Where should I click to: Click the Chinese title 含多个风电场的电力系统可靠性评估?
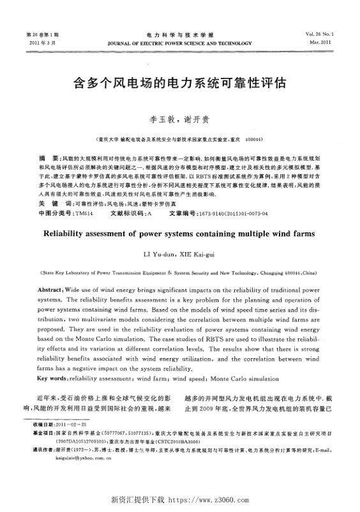tap(180, 84)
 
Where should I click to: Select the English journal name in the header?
tap(180, 43)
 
